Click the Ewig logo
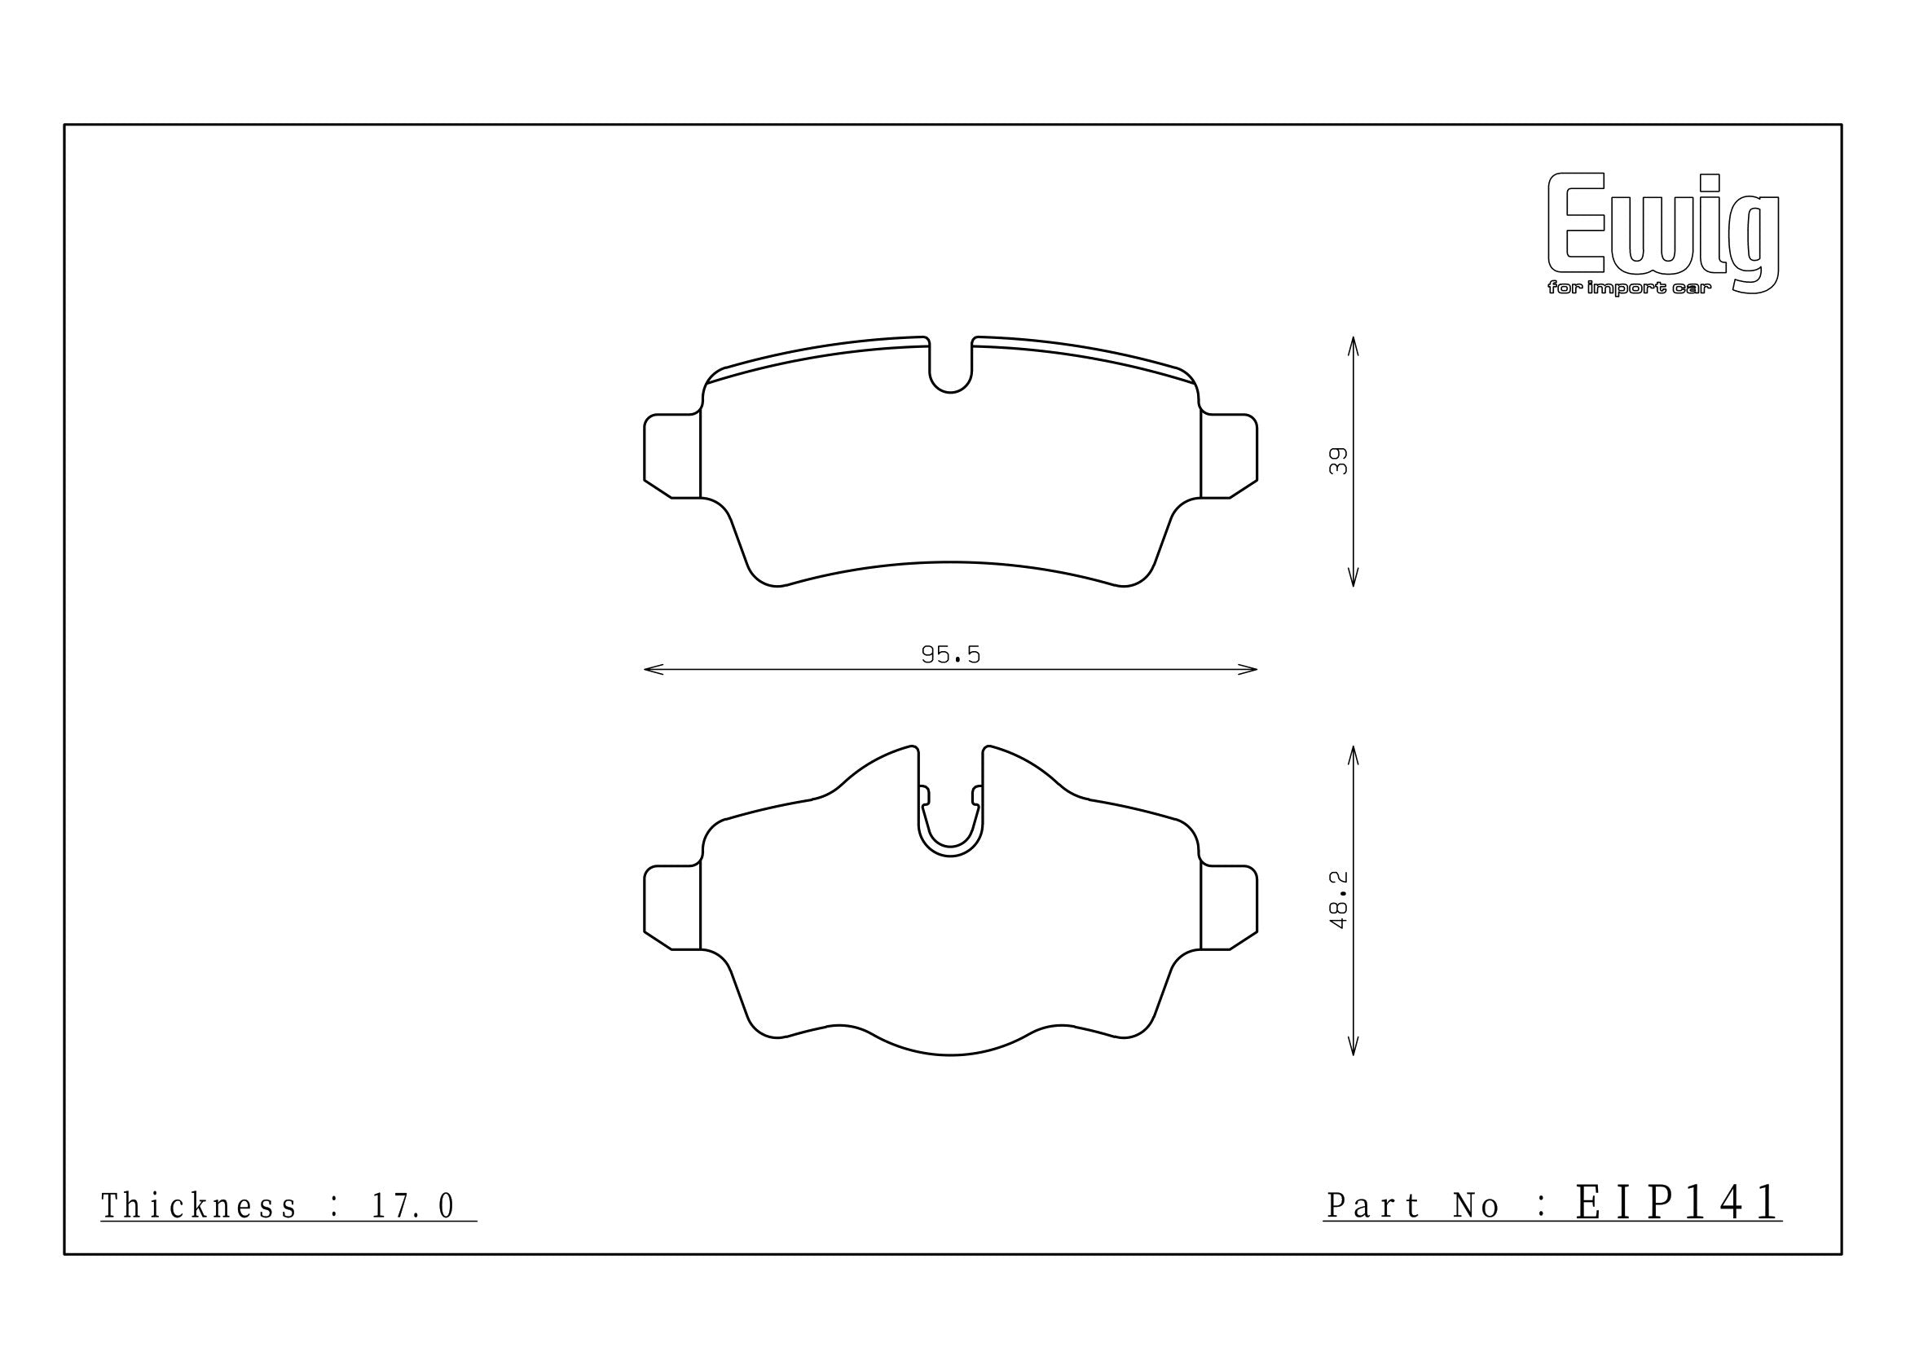(1663, 233)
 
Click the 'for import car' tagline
(1629, 288)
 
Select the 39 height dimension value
(1337, 461)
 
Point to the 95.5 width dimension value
(950, 656)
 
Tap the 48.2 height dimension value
(1337, 900)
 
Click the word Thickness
(199, 1207)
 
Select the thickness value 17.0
(413, 1207)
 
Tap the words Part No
(1413, 1207)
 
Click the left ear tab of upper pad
(672, 456)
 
